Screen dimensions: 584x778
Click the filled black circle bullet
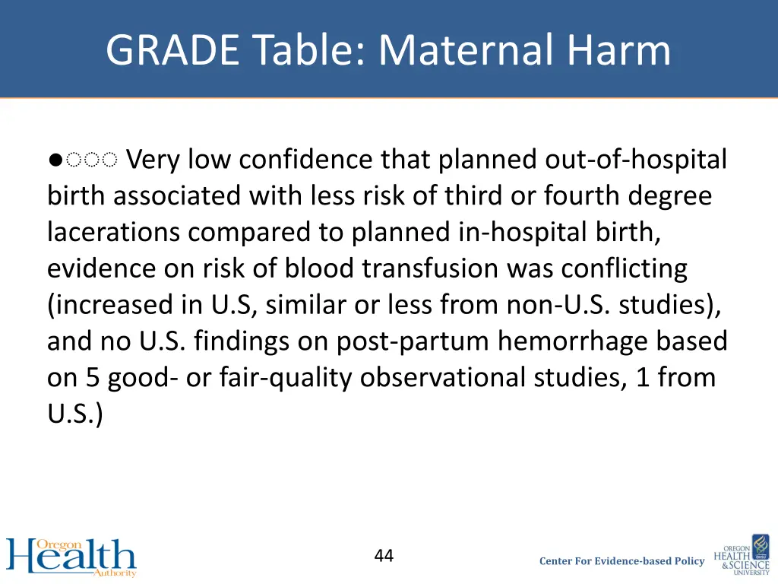(x=54, y=160)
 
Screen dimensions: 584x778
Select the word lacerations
(x=115, y=232)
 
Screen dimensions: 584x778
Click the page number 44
(x=384, y=556)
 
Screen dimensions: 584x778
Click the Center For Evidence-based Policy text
(x=621, y=561)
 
